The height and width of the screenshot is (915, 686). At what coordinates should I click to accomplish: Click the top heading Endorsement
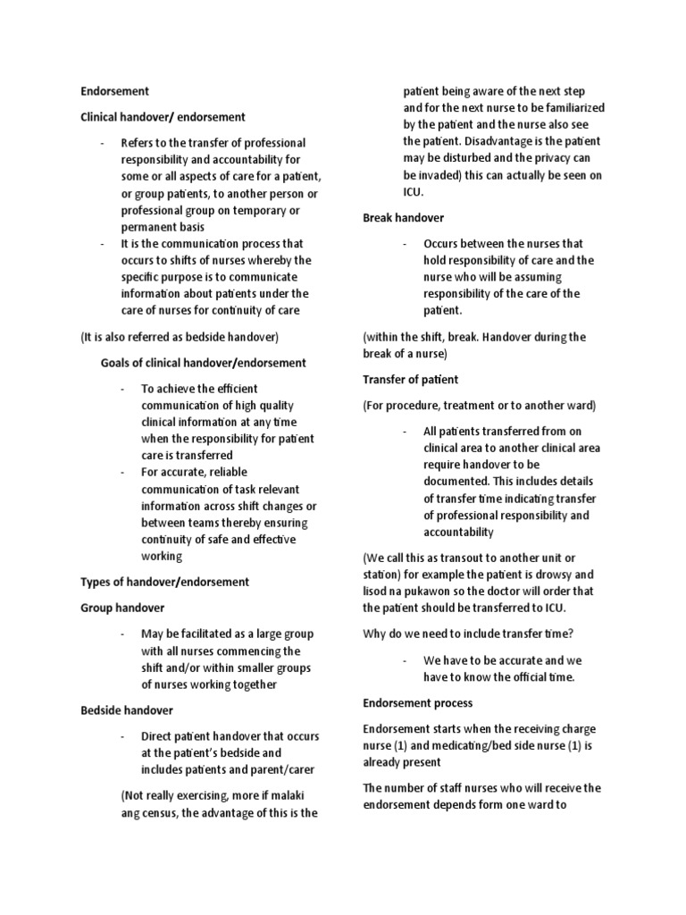pos(114,91)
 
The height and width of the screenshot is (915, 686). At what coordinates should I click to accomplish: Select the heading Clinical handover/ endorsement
pos(163,117)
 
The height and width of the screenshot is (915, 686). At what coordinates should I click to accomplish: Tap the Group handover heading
pos(122,608)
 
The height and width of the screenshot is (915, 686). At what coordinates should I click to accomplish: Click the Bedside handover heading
pos(126,710)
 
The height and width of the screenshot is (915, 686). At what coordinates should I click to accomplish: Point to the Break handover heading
pos(403,217)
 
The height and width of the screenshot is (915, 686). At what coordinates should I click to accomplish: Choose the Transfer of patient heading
pos(410,380)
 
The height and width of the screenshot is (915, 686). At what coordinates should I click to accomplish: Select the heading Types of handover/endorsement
pos(164,582)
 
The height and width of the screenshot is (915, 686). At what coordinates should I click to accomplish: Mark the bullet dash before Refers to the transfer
pos(103,143)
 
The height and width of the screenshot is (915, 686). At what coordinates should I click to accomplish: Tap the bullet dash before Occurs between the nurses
pos(406,243)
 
